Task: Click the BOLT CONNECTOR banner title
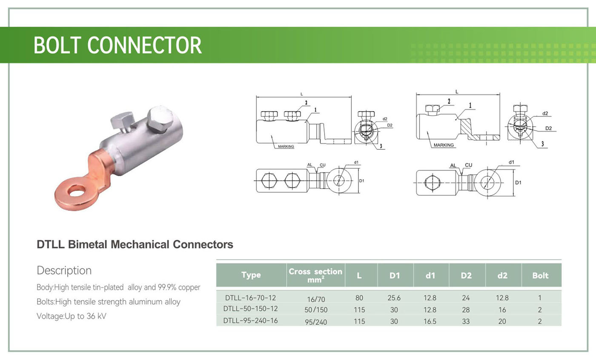(x=117, y=45)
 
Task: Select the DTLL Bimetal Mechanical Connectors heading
(x=135, y=245)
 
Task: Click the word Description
(x=64, y=271)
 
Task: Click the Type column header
(x=251, y=275)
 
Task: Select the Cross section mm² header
(x=315, y=275)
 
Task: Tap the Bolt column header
(x=540, y=275)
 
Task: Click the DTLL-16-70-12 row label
(x=251, y=297)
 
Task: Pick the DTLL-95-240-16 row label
(x=251, y=320)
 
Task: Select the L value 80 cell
(x=359, y=298)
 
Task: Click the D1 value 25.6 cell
(x=394, y=298)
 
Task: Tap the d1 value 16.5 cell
(x=430, y=321)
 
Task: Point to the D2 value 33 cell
(x=466, y=321)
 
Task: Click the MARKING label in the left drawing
(x=286, y=146)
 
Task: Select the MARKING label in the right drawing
(x=444, y=145)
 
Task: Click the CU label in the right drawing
(x=468, y=165)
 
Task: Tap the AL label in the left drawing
(x=309, y=165)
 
